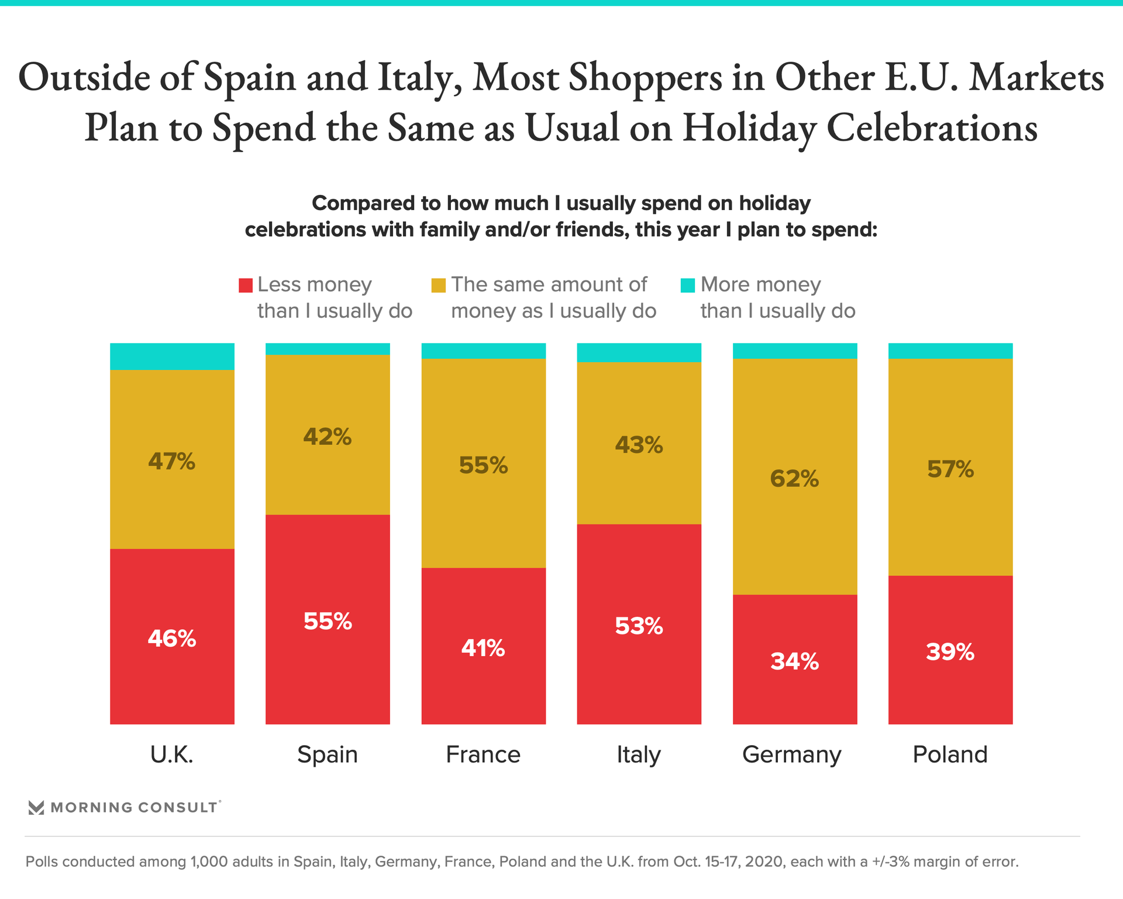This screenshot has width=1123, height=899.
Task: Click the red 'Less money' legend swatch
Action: [246, 285]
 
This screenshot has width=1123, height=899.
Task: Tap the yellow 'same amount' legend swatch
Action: [438, 285]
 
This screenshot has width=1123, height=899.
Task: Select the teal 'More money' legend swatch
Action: [688, 285]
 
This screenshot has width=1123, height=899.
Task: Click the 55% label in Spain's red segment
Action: [328, 621]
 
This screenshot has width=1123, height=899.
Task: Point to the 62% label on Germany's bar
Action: [794, 479]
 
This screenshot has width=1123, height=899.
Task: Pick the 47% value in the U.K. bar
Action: [172, 462]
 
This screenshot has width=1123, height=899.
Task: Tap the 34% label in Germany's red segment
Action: [794, 661]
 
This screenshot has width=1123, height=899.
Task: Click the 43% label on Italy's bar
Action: [639, 445]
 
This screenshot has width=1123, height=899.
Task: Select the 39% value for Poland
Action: [950, 652]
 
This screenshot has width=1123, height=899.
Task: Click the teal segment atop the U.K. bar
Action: [172, 356]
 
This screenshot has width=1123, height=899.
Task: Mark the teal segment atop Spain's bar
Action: [328, 349]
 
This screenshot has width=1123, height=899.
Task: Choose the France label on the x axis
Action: [483, 754]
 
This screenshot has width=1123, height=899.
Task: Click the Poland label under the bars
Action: [950, 754]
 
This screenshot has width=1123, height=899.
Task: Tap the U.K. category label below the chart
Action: [172, 754]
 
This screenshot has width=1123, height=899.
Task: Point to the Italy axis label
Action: [639, 754]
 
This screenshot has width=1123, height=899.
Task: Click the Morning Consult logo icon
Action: [36, 808]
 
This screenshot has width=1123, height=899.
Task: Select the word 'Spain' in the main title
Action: [250, 78]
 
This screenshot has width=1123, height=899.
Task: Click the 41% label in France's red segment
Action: [483, 648]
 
